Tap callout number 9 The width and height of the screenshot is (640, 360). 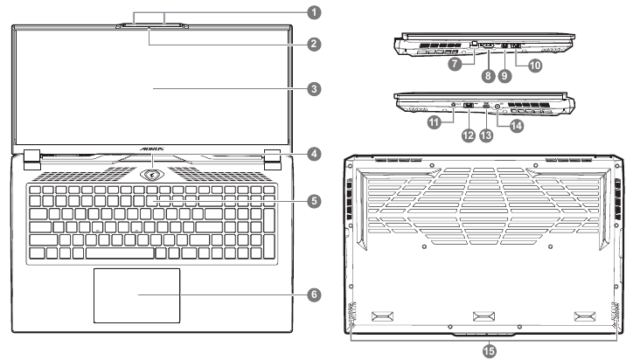tap(504, 75)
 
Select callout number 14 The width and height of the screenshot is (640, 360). tap(518, 125)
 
